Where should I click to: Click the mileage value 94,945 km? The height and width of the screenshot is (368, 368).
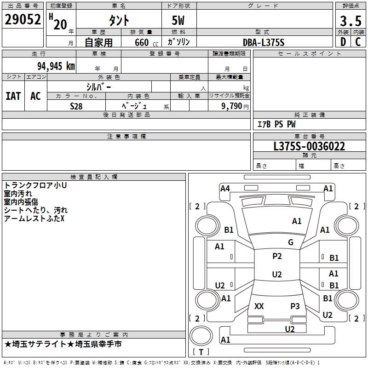(x=56, y=66)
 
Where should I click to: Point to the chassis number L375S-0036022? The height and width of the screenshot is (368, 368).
(x=309, y=146)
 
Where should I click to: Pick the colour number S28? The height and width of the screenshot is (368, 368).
(x=76, y=106)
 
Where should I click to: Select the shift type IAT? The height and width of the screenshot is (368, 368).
(x=13, y=96)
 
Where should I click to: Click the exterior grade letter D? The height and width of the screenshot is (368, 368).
(x=343, y=42)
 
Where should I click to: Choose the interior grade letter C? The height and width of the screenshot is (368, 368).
(x=358, y=42)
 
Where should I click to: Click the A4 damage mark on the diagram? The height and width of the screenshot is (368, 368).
(x=225, y=188)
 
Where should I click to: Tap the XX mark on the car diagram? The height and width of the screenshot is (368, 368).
(x=259, y=306)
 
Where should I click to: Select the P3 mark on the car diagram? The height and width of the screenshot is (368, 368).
(x=295, y=306)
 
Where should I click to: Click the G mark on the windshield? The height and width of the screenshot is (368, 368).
(x=290, y=242)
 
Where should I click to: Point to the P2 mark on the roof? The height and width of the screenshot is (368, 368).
(x=277, y=256)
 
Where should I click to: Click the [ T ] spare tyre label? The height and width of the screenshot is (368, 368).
(x=201, y=352)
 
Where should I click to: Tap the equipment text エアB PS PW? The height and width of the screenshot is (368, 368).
(x=276, y=124)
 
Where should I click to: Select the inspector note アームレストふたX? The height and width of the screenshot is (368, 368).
(x=34, y=218)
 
